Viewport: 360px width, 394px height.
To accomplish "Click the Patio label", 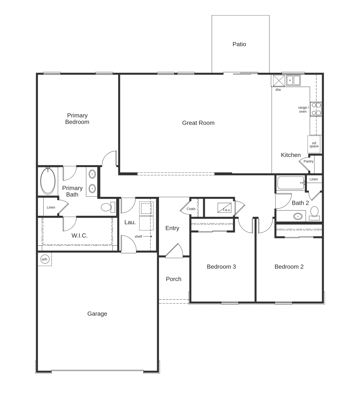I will pyautogui.click(x=239, y=44).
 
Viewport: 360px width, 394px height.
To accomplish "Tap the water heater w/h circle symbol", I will pyautogui.click(x=45, y=259).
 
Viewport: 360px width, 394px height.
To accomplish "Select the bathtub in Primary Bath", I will pyautogui.click(x=48, y=181).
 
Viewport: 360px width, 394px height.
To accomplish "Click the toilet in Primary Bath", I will pyautogui.click(x=107, y=207).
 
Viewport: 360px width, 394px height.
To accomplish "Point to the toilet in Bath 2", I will pyautogui.click(x=314, y=212).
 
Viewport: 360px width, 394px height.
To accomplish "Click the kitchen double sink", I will pyautogui.click(x=293, y=80).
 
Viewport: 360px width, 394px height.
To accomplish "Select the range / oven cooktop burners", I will pyautogui.click(x=316, y=109).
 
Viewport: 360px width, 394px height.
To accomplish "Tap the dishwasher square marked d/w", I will pyautogui.click(x=278, y=80).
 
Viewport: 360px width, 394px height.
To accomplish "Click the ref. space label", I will pyautogui.click(x=314, y=145).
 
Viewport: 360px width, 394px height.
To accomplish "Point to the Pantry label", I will pyautogui.click(x=308, y=161).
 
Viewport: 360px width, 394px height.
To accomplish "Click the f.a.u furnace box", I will pyautogui.click(x=224, y=208).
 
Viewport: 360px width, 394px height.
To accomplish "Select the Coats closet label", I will pyautogui.click(x=191, y=209).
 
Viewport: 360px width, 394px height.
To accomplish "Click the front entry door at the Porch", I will pyautogui.click(x=174, y=251).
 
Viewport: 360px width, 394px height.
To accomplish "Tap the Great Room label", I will pyautogui.click(x=198, y=123).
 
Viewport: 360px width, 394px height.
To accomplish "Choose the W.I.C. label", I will pyautogui.click(x=79, y=235).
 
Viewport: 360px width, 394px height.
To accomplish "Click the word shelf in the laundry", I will pyautogui.click(x=138, y=236).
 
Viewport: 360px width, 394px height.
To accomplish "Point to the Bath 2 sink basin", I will pyautogui.click(x=297, y=216).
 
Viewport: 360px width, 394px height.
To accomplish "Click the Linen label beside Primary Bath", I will pyautogui.click(x=51, y=208).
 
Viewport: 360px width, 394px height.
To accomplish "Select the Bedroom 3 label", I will pyautogui.click(x=221, y=267).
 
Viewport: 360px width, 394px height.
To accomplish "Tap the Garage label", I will pyautogui.click(x=97, y=314).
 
